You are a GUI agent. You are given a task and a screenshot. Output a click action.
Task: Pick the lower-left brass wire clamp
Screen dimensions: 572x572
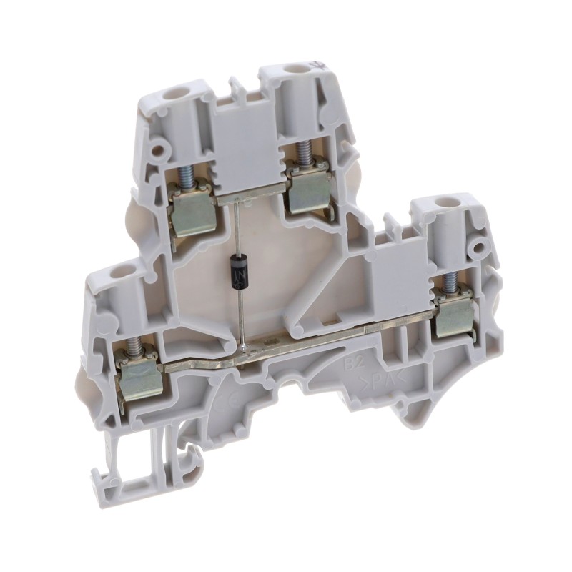tap(141, 377)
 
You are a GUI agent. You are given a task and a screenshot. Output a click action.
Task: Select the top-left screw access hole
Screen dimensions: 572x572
tap(172, 93)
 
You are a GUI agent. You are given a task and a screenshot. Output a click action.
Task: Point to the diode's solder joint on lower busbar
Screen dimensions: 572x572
tap(245, 349)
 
